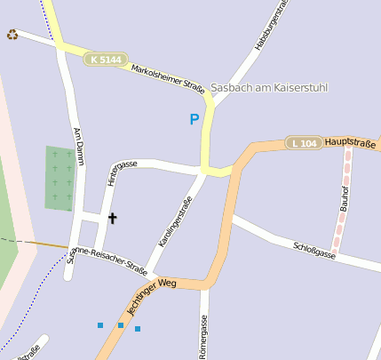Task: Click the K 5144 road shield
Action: pos(105,60)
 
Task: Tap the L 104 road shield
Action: pos(304,143)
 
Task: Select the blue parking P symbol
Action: pos(194,119)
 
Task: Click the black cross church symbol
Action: pos(113,217)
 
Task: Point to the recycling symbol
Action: pos(12,35)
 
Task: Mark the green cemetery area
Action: pos(60,178)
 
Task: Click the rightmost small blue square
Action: pos(138,329)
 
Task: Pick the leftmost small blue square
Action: pos(100,325)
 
